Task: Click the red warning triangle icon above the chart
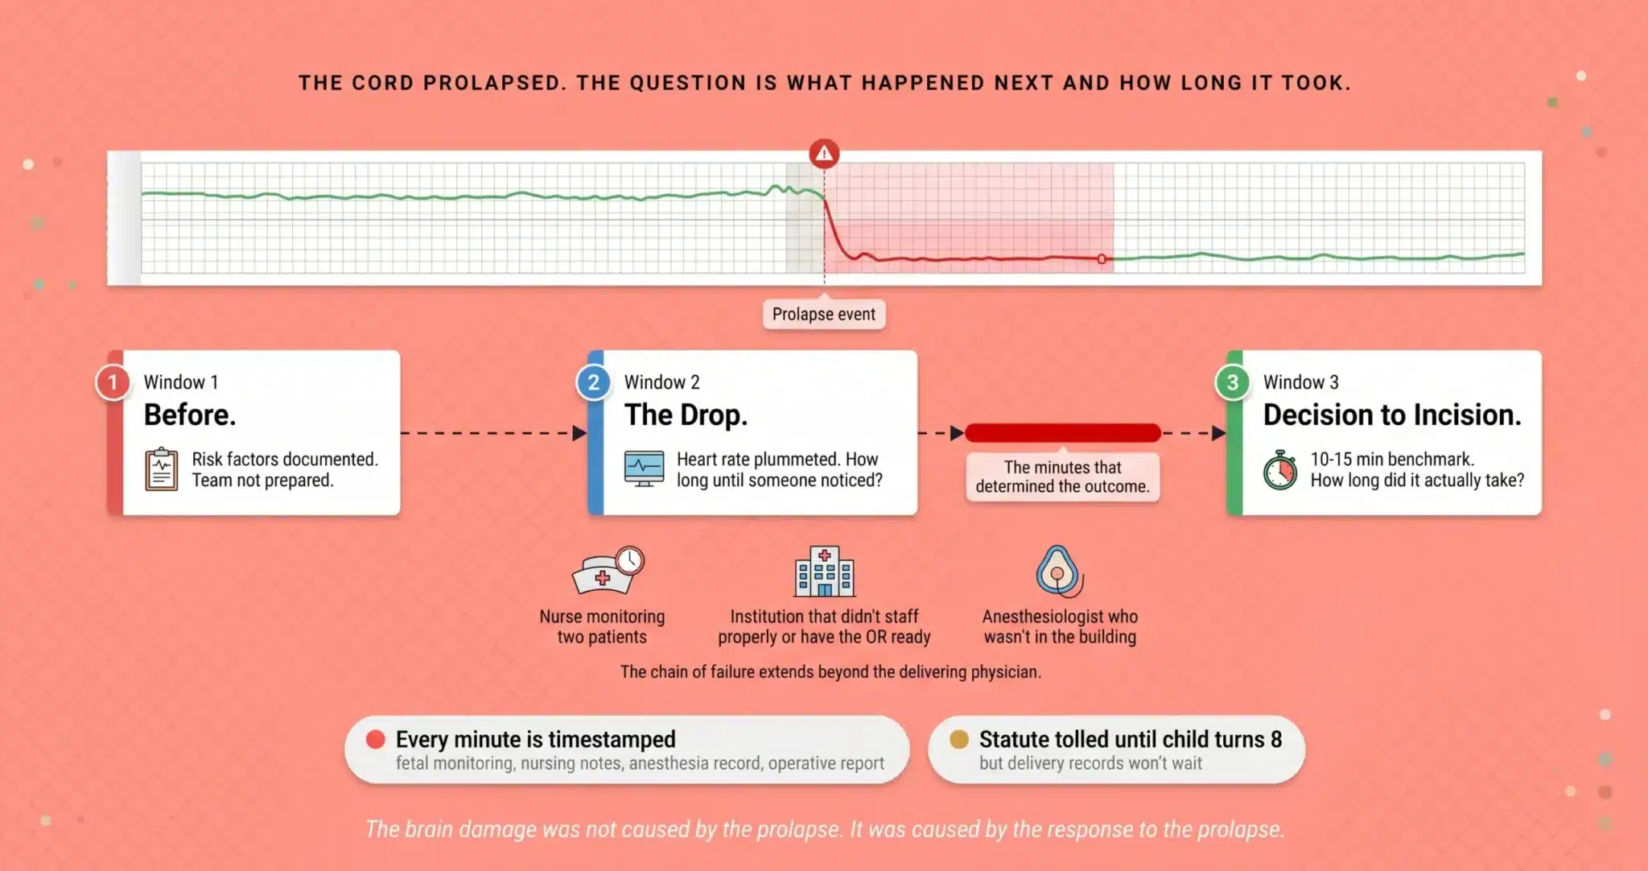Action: (x=824, y=153)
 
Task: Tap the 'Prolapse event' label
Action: (x=824, y=314)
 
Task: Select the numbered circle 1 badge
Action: (x=113, y=382)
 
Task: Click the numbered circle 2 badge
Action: (x=593, y=382)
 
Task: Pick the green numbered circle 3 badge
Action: (x=1232, y=382)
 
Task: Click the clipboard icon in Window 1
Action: (x=161, y=469)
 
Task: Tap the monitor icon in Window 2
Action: (x=645, y=469)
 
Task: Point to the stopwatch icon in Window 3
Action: (x=1279, y=470)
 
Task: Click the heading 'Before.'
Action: (x=190, y=415)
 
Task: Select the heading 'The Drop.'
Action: (x=686, y=415)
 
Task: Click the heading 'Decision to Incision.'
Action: (x=1392, y=415)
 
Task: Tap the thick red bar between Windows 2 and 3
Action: (x=1063, y=433)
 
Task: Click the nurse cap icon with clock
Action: (x=608, y=570)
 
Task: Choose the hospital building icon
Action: (x=824, y=572)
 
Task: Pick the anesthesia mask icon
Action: (x=1059, y=571)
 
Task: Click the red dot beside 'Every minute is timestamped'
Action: (x=375, y=739)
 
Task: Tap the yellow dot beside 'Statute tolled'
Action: (x=958, y=739)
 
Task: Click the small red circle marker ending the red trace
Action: (x=1102, y=259)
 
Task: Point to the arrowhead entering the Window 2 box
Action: (x=579, y=433)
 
